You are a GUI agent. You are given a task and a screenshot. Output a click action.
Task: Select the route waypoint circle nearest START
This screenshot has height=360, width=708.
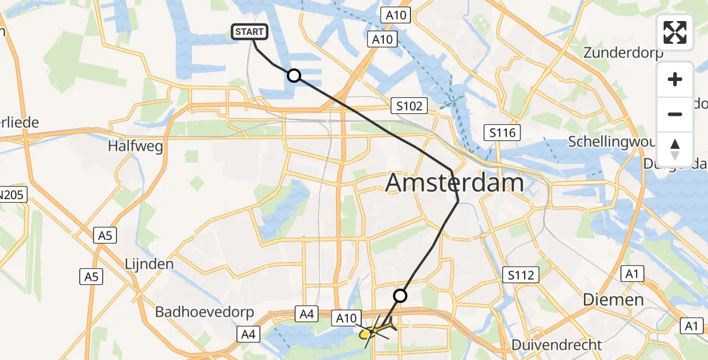tap(293, 76)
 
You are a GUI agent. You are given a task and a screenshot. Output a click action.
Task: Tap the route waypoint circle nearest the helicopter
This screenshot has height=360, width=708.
tap(400, 295)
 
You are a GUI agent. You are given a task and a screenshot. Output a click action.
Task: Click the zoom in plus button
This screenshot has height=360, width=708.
tap(675, 79)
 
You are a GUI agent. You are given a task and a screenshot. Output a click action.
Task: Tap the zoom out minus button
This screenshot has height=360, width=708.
tap(675, 114)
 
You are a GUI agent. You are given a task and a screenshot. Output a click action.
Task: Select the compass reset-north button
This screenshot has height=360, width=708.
tap(675, 149)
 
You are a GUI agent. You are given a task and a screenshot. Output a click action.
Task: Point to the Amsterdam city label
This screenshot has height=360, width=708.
tap(454, 182)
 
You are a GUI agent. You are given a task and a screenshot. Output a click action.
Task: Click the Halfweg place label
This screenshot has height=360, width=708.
tap(136, 146)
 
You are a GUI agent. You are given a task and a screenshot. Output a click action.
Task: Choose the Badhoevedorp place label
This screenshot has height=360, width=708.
tap(204, 313)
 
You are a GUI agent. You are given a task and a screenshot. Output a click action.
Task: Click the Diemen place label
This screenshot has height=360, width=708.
tap(613, 299)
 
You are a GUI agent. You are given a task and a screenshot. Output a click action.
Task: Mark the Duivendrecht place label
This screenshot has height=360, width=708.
tap(556, 345)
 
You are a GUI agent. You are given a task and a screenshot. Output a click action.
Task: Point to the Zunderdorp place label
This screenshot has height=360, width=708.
tap(623, 53)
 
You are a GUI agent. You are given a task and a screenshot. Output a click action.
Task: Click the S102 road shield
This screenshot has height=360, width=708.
tap(410, 106)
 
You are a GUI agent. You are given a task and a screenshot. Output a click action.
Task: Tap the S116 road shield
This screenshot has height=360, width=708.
tap(502, 133)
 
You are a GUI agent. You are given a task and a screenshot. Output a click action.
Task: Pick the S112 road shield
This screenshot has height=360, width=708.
tap(520, 275)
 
